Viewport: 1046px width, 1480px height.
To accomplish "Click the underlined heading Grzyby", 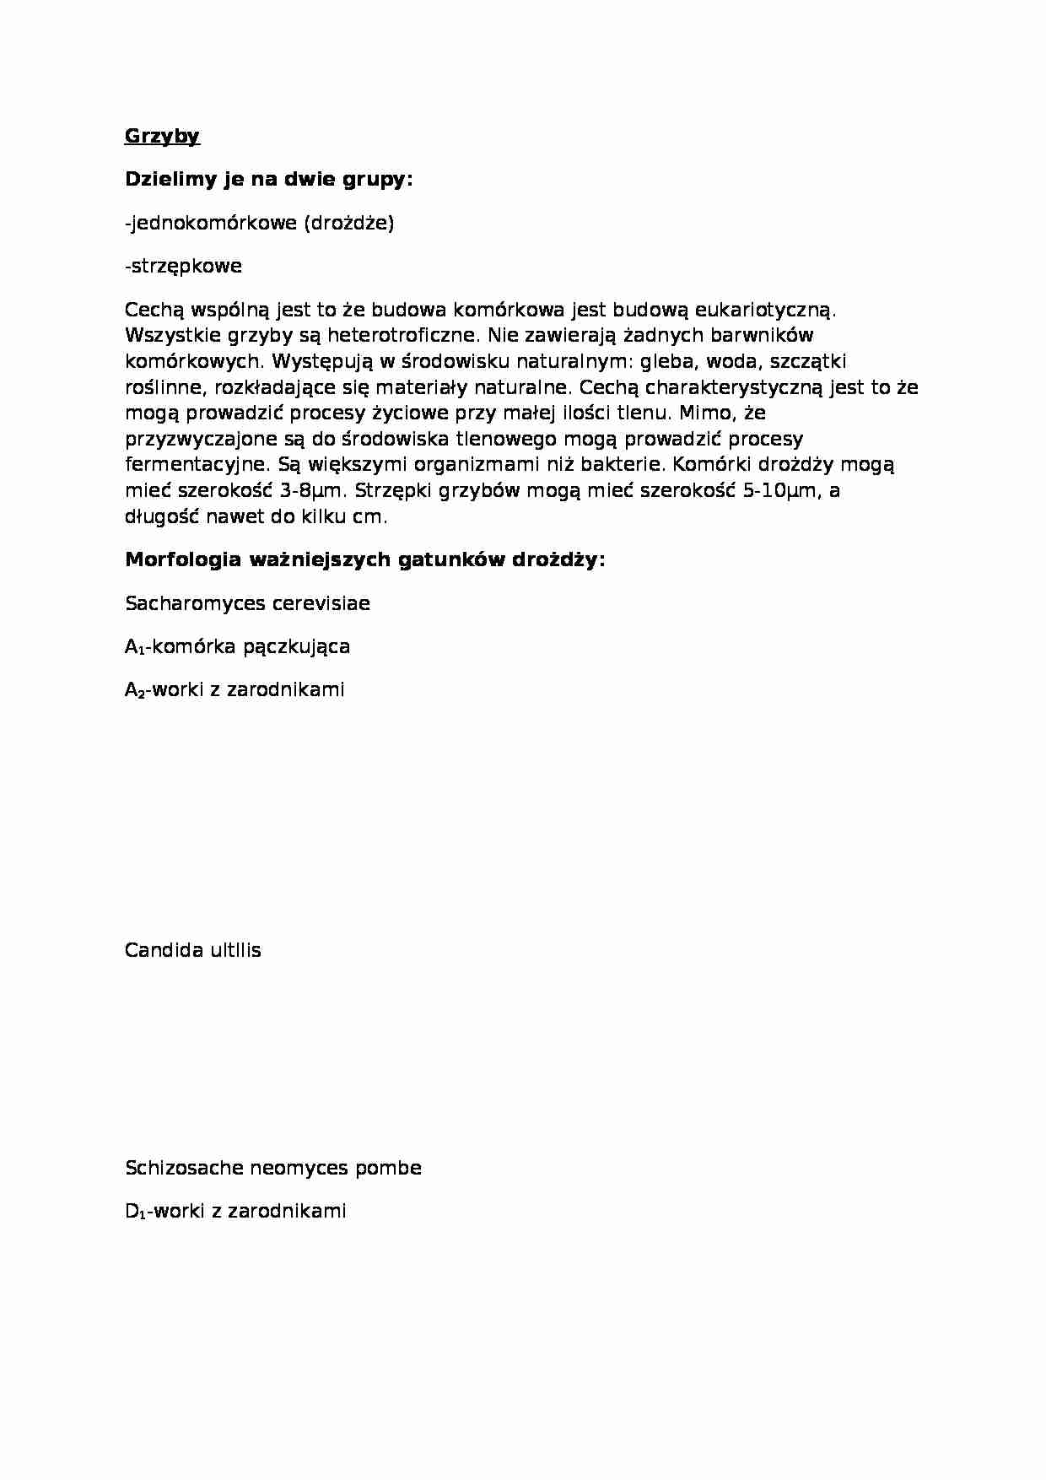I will point(162,136).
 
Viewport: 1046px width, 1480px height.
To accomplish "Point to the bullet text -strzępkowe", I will point(183,266).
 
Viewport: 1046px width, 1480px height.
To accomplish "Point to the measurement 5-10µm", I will point(780,491).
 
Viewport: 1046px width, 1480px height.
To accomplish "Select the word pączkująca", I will point(296,647).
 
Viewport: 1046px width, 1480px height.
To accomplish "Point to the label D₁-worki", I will point(161,1211).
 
